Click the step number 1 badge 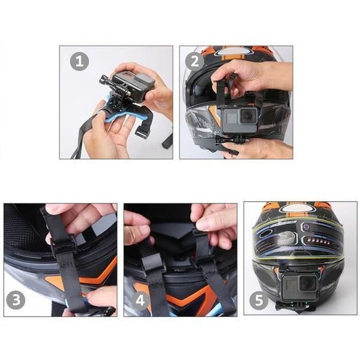point(80,61)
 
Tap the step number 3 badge point(16,300)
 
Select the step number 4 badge point(139,300)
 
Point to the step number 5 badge point(259,300)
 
